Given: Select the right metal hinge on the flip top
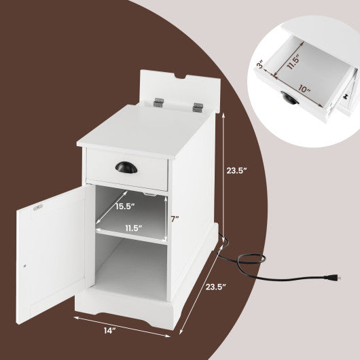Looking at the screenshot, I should click(198, 107).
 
